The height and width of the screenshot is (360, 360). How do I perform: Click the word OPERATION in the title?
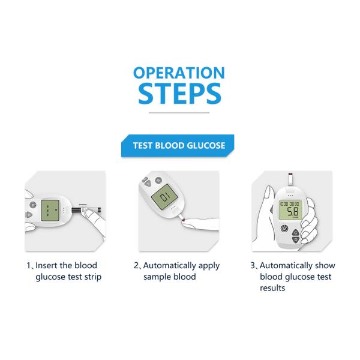tap(179, 73)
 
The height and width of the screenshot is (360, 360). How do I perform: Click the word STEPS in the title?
tap(179, 94)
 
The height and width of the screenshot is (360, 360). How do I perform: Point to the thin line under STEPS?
tap(178, 112)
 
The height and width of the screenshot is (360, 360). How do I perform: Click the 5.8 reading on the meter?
tap(292, 212)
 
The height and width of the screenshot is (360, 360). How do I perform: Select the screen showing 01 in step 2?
tap(163, 200)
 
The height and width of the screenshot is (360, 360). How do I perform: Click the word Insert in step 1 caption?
tap(47, 265)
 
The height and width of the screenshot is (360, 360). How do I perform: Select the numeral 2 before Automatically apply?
tap(136, 265)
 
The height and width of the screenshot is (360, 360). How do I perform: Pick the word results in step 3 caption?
tap(272, 288)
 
